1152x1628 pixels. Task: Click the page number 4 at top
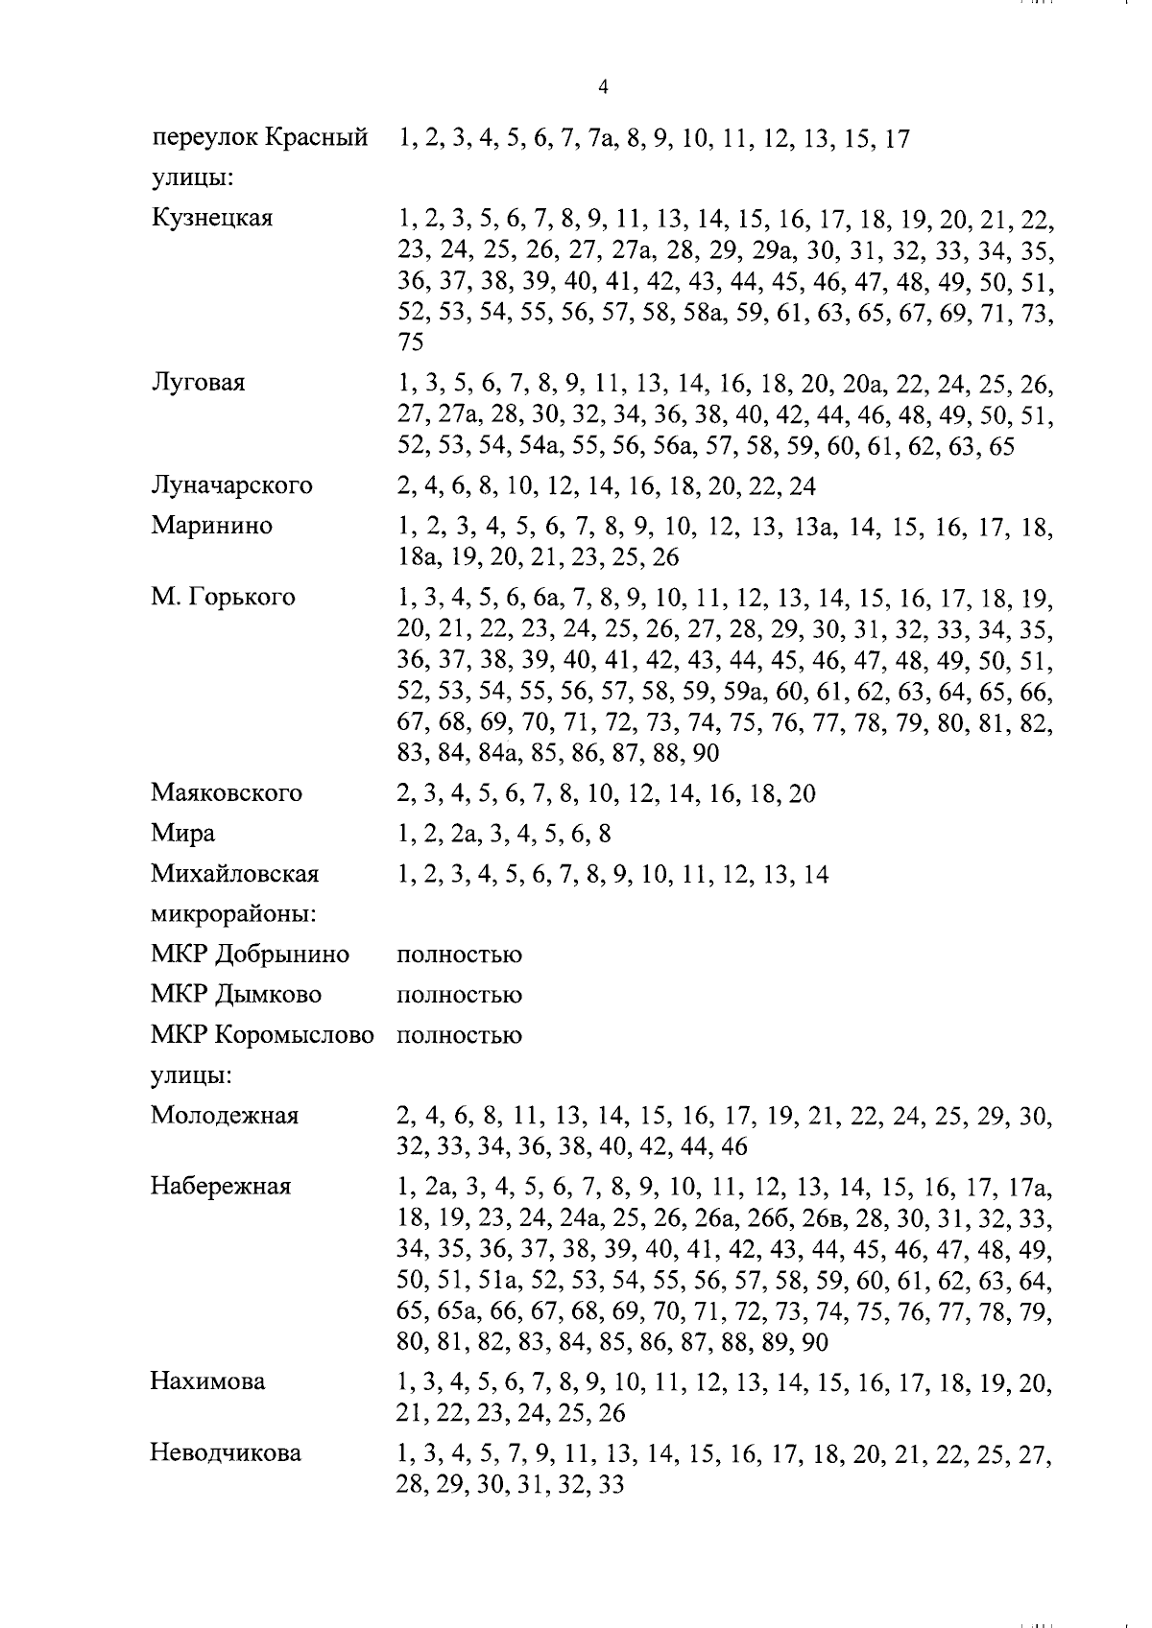pyautogui.click(x=603, y=87)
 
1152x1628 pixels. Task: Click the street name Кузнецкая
pyautogui.click(x=211, y=219)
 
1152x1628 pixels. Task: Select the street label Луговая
pyautogui.click(x=197, y=383)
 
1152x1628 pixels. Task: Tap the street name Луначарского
pyautogui.click(x=231, y=486)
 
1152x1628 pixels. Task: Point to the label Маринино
pyautogui.click(x=211, y=526)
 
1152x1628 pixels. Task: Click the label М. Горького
pyautogui.click(x=223, y=598)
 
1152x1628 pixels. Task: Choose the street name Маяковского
pyautogui.click(x=226, y=793)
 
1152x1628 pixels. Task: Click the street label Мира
pyautogui.click(x=182, y=834)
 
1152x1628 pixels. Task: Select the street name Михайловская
pyautogui.click(x=234, y=874)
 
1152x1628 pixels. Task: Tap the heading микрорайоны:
pyautogui.click(x=234, y=914)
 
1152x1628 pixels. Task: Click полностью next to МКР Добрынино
pyautogui.click(x=459, y=956)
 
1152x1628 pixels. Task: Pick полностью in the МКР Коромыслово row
pyautogui.click(x=459, y=1036)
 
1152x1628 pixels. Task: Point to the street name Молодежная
pyautogui.click(x=224, y=1116)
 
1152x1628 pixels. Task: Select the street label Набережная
pyautogui.click(x=220, y=1187)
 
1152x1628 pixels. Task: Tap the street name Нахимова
pyautogui.click(x=208, y=1382)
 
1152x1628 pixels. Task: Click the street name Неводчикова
pyautogui.click(x=225, y=1453)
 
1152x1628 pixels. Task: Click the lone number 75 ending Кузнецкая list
pyautogui.click(x=410, y=342)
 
